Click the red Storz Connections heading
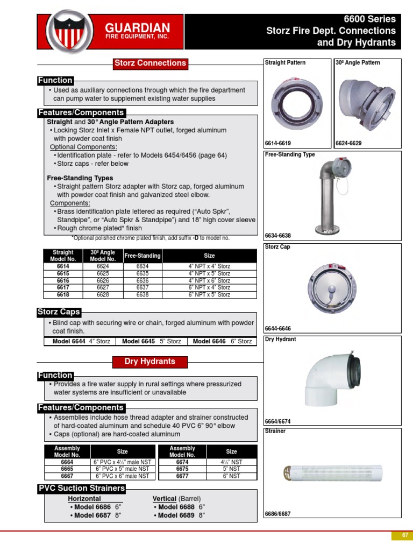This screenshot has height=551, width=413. (150, 63)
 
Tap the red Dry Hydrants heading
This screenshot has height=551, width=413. (150, 362)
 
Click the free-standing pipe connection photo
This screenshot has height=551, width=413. (332, 194)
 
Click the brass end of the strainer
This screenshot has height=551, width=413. (291, 473)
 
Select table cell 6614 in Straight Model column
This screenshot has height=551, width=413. (63, 266)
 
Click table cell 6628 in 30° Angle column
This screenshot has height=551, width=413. (103, 294)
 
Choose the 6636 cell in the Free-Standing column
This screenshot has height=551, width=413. (143, 280)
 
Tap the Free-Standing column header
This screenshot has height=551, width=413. (143, 256)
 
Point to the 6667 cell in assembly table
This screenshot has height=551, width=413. (67, 476)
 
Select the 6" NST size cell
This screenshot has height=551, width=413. (231, 476)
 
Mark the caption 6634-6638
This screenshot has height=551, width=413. (278, 236)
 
